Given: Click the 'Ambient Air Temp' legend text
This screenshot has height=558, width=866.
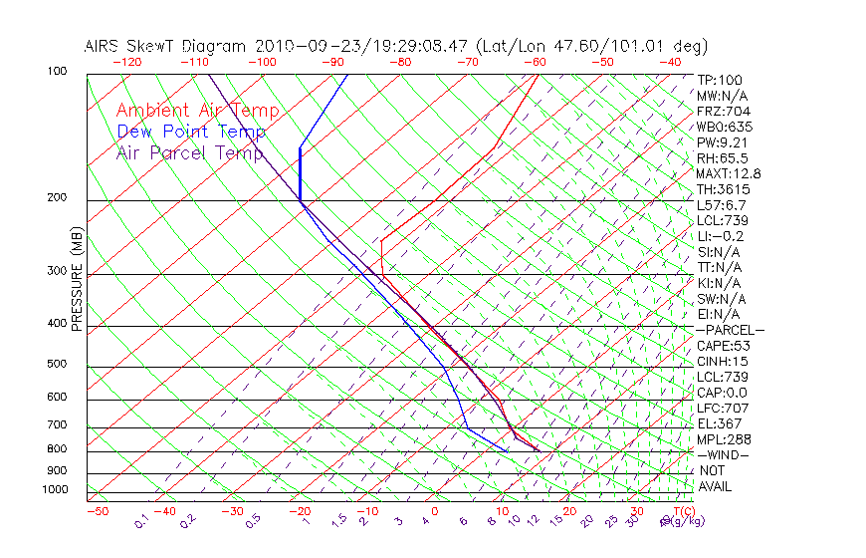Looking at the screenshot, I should coord(197,111).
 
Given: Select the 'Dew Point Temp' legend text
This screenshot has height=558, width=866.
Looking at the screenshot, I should coord(191,132).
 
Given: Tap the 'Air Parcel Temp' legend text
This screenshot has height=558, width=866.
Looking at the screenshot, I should coord(189,152).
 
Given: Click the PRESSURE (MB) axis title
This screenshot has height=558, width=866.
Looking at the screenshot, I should coord(76,279).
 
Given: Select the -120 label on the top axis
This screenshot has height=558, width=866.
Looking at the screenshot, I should coord(126,61).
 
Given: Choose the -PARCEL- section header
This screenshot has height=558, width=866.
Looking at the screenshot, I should coord(730,330).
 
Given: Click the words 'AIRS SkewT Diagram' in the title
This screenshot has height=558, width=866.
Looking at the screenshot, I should coord(167,45).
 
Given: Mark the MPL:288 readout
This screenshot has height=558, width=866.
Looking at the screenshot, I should coord(725,438).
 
